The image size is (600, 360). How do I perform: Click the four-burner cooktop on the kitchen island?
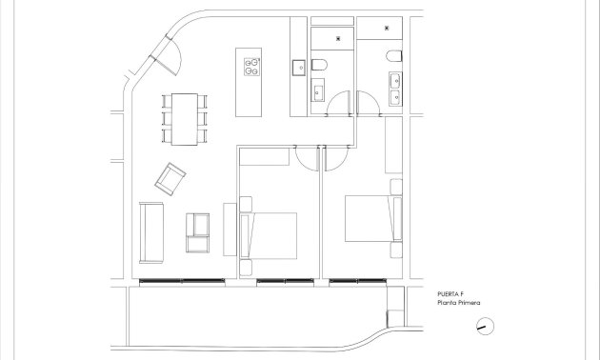point(253,67)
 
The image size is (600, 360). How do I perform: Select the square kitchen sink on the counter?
point(298,67)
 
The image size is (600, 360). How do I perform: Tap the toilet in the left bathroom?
point(322,65)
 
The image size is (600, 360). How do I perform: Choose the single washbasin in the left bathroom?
point(318,91)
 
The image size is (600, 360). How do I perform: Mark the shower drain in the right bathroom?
point(387,29)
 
